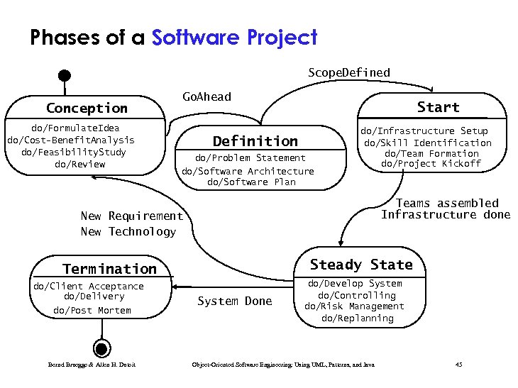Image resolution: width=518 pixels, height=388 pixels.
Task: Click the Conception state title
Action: pos(87,109)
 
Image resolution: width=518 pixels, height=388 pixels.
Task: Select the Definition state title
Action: pos(255,141)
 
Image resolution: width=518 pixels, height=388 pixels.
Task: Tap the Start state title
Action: pos(438,107)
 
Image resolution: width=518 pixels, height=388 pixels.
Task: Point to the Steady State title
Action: pos(361,265)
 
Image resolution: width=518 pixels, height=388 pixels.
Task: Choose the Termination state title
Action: pos(109,269)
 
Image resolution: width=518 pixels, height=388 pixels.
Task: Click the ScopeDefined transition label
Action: pos(348,72)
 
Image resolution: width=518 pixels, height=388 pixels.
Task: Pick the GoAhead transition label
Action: pos(206,96)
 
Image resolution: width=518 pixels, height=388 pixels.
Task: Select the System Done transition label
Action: pos(234,301)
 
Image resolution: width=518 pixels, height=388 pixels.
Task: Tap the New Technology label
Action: pos(128,232)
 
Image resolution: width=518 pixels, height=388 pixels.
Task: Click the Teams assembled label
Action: pos(447,203)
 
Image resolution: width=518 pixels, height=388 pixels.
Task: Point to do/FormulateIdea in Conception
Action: pos(75,128)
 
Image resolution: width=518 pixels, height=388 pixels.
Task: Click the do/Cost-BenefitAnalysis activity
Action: pos(70,140)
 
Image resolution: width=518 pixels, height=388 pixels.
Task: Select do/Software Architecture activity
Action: pos(248,171)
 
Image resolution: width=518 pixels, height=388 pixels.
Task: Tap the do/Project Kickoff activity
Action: pos(431,164)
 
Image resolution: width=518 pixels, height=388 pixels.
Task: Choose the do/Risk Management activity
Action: pos(354,306)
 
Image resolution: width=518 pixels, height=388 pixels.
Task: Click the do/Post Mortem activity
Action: pos(92,311)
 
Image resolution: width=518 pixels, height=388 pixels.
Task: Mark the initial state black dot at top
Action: pos(65,74)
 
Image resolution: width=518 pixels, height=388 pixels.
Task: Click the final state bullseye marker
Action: pos(101,348)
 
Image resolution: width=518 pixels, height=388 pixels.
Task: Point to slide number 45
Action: pos(458,365)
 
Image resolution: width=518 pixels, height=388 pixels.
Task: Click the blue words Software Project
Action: pos(234,38)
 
